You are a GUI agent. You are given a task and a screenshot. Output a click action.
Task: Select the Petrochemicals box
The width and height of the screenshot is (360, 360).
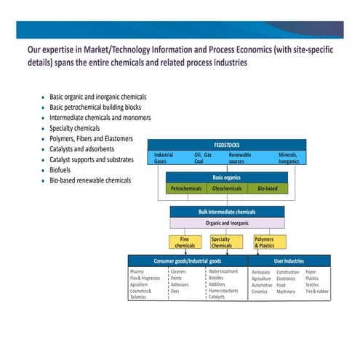pos(187,188)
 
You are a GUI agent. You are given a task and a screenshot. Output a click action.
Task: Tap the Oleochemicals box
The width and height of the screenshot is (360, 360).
pos(228,188)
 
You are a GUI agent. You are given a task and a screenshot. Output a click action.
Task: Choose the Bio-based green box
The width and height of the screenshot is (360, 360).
pos(268,188)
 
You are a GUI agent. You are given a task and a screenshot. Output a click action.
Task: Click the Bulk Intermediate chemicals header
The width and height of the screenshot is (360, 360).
pos(227,212)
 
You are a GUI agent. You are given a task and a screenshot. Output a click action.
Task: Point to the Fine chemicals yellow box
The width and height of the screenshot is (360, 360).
pos(185,241)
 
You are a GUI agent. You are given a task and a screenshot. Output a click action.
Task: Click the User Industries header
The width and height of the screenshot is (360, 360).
pos(289,260)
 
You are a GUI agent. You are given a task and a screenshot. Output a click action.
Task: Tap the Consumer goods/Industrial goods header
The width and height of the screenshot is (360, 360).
pos(187,260)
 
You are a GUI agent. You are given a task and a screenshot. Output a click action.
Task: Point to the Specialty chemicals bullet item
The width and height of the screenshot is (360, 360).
pos(76,127)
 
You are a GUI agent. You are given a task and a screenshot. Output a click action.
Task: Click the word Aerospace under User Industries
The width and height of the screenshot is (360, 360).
pos(260,272)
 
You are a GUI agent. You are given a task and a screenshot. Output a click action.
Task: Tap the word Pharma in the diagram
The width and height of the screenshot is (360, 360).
pos(137,272)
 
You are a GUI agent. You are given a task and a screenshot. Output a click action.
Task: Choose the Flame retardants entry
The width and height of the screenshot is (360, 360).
pos(223,291)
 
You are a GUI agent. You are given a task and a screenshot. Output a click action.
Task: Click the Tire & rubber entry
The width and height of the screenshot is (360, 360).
pos(316,291)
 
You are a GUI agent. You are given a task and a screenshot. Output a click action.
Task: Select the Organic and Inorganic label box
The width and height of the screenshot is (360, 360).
pos(227,223)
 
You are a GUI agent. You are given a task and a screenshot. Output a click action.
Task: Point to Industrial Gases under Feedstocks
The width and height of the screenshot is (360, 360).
pos(164,158)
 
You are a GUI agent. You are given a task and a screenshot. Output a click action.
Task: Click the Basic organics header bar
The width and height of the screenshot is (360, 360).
pos(227,177)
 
